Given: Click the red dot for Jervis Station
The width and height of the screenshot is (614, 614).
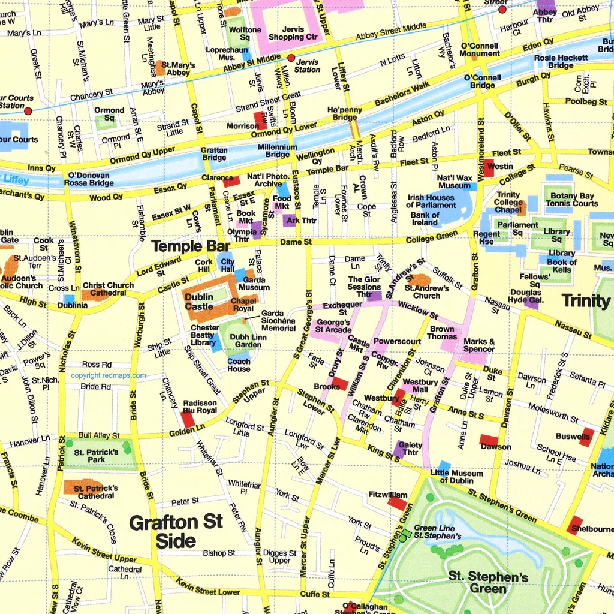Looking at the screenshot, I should pos(291,58).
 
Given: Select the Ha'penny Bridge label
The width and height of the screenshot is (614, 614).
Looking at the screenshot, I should pos(345,113).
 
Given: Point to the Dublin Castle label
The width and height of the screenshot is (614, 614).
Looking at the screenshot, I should pos(198,302).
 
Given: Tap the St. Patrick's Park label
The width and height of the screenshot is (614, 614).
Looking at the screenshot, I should pos(96,456).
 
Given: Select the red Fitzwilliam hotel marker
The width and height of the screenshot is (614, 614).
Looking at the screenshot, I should pos(398,503).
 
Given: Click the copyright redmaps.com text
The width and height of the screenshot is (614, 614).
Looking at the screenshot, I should pos(108,376).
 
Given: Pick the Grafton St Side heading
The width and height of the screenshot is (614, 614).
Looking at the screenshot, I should pos(176,531).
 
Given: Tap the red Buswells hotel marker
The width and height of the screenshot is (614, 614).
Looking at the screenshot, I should pos(586,437).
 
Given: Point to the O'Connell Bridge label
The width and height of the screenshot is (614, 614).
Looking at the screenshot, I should pos(483,82).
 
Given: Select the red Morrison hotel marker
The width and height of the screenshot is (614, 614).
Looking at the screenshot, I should pos(261,121).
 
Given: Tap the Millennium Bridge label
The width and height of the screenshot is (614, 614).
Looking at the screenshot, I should pos(278,151).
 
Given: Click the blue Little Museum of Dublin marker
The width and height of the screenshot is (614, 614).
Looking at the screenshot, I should pos(444,466).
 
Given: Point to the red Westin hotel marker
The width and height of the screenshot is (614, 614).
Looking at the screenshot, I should pos(489,168).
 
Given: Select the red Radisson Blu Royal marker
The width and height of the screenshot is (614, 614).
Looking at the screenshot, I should pos(188,419).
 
